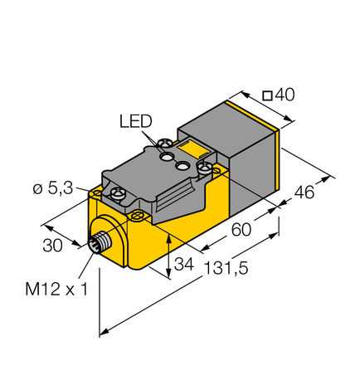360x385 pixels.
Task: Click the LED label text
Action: point(135,121)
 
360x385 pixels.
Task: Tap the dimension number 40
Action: point(285,95)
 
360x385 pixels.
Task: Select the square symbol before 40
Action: point(266,96)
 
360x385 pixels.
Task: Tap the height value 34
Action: point(185,266)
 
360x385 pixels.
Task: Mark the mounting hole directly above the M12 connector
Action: point(137,217)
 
